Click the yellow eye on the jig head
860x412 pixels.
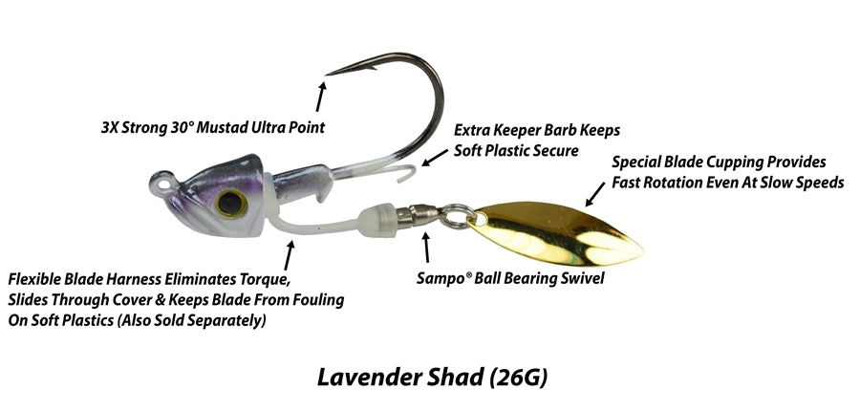229,201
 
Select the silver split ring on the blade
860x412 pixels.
458,217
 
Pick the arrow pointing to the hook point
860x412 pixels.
320,96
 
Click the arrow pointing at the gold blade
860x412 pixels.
594,195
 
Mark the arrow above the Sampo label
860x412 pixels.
425,249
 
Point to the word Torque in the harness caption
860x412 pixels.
260,280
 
